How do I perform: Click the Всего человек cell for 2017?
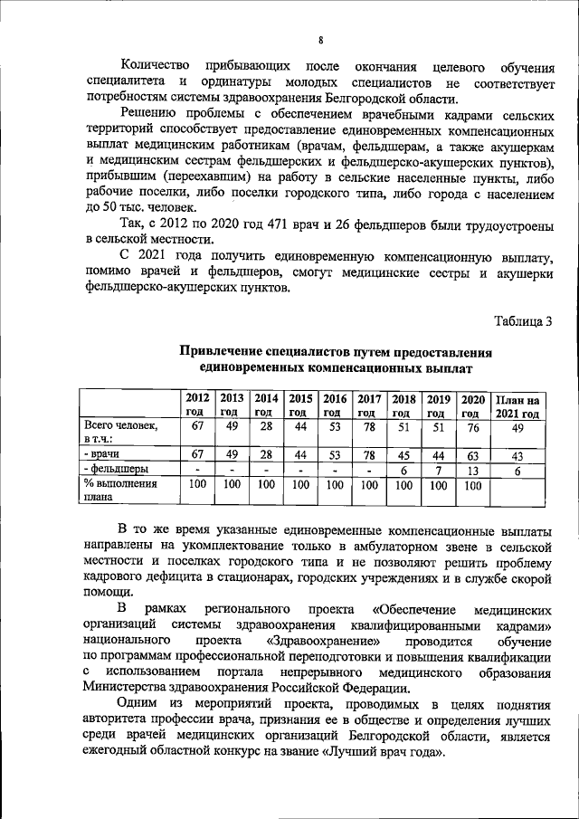(369, 426)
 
